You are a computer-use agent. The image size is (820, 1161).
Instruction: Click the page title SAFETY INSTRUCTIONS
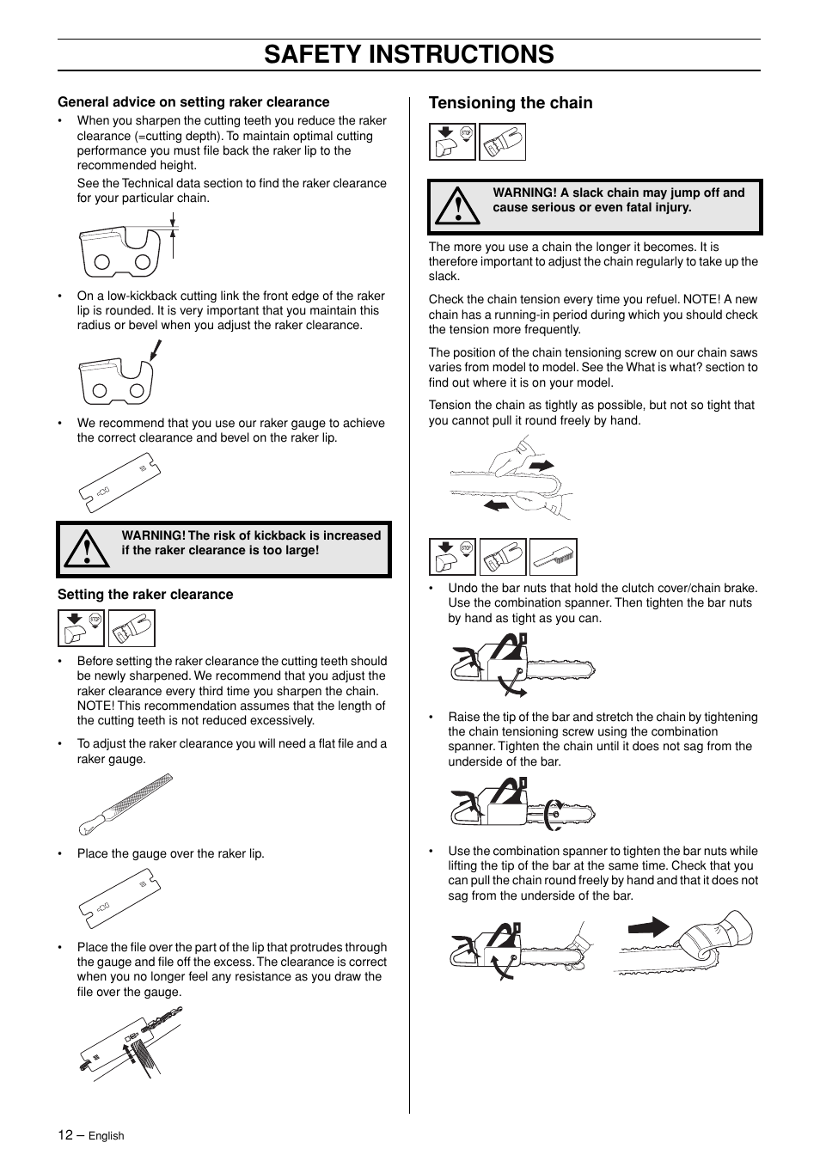409,54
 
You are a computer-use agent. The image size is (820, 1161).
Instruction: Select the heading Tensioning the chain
511,103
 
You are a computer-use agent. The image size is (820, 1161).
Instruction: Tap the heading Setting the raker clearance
145,595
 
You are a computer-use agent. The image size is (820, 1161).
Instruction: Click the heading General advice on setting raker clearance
193,102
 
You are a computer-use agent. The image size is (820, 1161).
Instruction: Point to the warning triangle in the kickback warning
86,550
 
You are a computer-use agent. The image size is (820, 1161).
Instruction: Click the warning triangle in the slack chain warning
457,207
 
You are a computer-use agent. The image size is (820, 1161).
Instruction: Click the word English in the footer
107,1136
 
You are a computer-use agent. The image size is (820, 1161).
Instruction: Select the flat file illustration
125,804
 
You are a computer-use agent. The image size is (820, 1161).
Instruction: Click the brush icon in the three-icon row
553,557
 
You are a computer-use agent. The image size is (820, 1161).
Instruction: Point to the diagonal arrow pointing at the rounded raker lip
156,350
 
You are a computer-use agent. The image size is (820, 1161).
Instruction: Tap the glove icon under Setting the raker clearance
132,628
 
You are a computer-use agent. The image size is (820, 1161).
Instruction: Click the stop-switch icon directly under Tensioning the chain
452,142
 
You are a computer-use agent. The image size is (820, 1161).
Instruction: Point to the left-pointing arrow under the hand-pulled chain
496,506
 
